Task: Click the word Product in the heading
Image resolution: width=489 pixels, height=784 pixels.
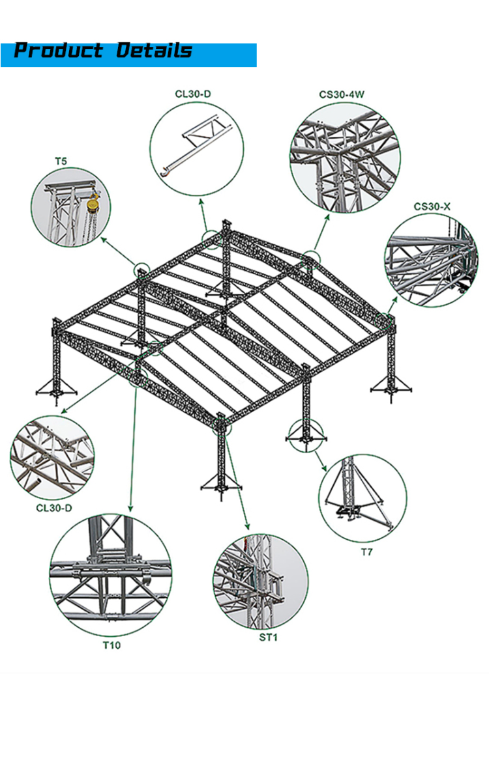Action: tap(59, 51)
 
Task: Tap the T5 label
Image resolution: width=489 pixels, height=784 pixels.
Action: tap(60, 160)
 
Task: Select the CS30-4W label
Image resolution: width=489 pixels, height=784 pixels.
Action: tap(342, 94)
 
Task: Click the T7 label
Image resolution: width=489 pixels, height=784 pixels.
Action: tap(367, 552)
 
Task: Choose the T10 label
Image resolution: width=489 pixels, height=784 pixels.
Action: tap(111, 645)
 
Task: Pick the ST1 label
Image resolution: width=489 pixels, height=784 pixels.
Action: tap(268, 637)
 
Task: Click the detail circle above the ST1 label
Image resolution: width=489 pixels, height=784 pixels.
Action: tap(261, 581)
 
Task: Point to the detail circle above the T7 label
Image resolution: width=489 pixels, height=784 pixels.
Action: tap(363, 498)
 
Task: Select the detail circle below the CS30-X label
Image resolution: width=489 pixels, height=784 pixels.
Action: tap(432, 260)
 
